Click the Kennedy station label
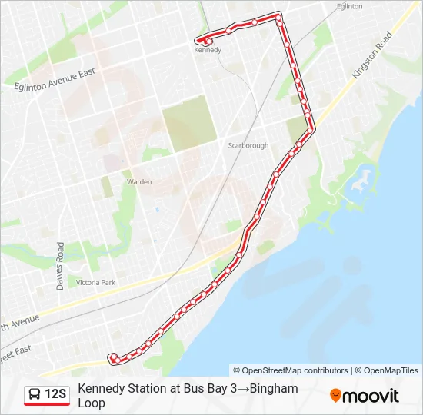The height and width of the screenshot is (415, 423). pyautogui.click(x=208, y=51)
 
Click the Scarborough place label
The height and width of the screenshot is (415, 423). pyautogui.click(x=248, y=145)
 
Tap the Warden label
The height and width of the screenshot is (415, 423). pyautogui.click(x=138, y=182)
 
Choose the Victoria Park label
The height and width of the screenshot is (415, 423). pyautogui.click(x=95, y=283)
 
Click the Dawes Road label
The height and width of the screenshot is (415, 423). pyautogui.click(x=60, y=266)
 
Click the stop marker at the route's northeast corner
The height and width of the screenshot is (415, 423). pyautogui.click(x=278, y=15)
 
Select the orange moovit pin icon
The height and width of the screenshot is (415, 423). pyautogui.click(x=335, y=396)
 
